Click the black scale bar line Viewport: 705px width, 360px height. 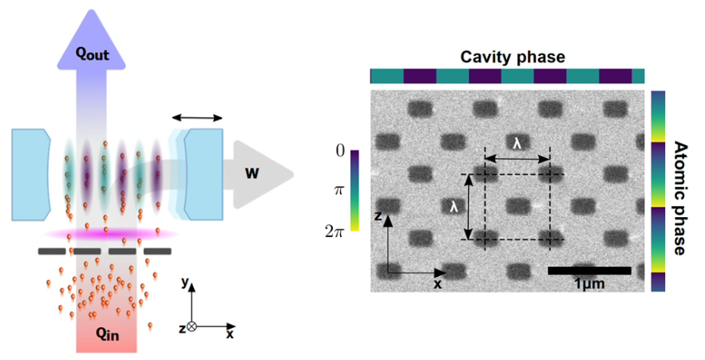[x=589, y=271]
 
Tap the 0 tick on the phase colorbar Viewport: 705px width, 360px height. [x=340, y=149]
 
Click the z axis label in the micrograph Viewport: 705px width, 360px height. [x=379, y=216]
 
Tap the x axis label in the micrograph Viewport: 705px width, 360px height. [x=438, y=283]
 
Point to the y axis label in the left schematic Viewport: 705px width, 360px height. [x=184, y=282]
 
